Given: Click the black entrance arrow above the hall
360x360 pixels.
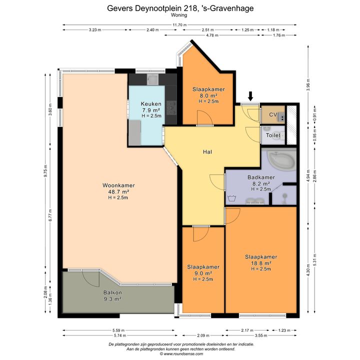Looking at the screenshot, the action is click(250, 96).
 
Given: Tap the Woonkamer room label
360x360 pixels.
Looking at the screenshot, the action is click(118, 185).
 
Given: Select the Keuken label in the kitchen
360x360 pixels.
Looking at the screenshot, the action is click(151, 104).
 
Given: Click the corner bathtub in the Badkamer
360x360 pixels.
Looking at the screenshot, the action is click(282, 160).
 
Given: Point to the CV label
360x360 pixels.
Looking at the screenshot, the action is click(273, 114).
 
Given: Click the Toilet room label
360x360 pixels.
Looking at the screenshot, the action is click(273, 135).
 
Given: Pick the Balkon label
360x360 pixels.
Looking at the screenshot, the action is click(112, 292).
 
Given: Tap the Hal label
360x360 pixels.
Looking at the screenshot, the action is click(207, 152).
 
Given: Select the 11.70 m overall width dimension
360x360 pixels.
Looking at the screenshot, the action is click(179, 25).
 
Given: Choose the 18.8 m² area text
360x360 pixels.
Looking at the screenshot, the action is click(261, 263).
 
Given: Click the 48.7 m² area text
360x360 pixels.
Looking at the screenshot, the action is click(118, 191).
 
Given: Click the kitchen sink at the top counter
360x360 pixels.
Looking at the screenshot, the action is click(152, 79).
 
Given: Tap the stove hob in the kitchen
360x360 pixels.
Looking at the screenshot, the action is click(171, 108).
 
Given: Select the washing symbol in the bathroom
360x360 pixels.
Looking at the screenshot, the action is click(230, 198).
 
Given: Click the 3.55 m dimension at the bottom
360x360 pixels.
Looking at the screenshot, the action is click(261, 335).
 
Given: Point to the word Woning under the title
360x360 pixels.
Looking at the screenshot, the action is click(179, 15).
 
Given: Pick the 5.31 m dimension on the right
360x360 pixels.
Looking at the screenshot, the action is click(315, 259).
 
